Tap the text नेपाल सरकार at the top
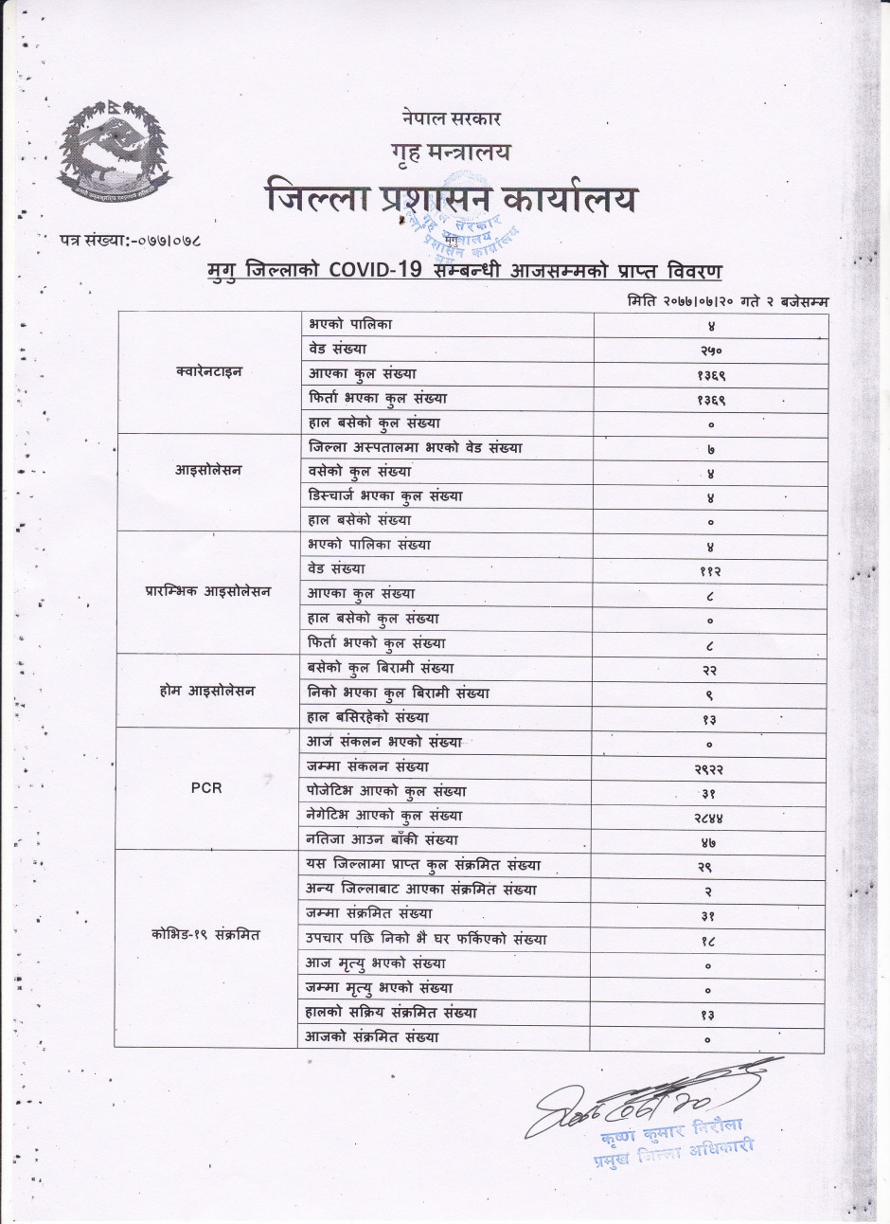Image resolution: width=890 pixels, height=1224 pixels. [450, 118]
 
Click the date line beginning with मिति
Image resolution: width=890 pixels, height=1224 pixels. [727, 300]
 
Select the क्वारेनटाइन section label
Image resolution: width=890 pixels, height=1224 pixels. [208, 371]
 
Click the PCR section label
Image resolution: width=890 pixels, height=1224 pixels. [206, 788]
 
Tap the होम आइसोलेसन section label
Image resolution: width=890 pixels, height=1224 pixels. [207, 691]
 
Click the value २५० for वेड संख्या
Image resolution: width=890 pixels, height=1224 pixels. [710, 350]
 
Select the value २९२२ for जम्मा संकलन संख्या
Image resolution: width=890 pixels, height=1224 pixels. [710, 768]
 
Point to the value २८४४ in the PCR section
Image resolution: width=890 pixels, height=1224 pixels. [710, 817]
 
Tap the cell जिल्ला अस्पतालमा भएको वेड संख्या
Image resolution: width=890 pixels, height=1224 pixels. [416, 446]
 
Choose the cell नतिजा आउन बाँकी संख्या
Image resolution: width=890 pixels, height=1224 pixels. [383, 839]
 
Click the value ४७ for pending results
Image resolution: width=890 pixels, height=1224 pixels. [710, 841]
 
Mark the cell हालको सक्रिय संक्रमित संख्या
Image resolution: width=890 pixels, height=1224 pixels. [393, 1013]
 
